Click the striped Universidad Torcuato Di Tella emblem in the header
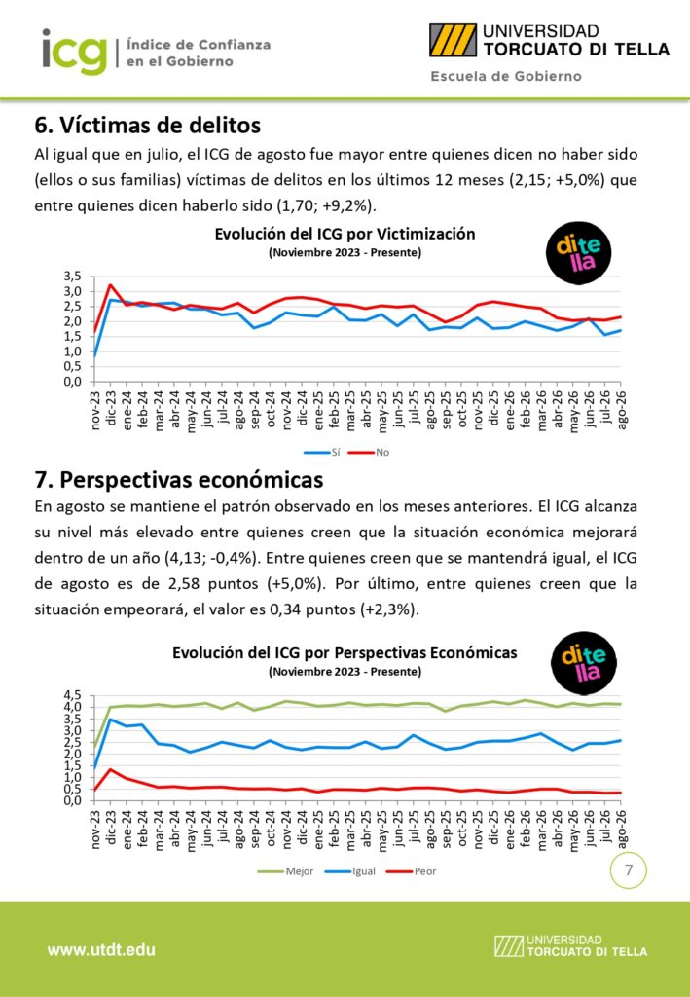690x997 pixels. pyautogui.click(x=453, y=40)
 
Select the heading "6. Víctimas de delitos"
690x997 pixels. pyautogui.click(x=147, y=125)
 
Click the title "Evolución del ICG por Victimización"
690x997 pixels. pyautogui.click(x=345, y=234)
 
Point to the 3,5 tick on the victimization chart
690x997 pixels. pyautogui.click(x=73, y=276)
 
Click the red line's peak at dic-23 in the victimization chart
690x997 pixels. pyautogui.click(x=110, y=285)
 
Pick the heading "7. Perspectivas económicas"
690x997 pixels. pyautogui.click(x=179, y=479)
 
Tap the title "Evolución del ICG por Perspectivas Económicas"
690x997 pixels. pyautogui.click(x=345, y=652)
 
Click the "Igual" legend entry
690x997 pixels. pyautogui.click(x=350, y=871)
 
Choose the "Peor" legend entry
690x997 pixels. pyautogui.click(x=412, y=871)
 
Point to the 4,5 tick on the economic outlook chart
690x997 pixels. pyautogui.click(x=73, y=695)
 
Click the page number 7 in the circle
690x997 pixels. pyautogui.click(x=629, y=869)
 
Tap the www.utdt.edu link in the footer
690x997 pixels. pyautogui.click(x=101, y=950)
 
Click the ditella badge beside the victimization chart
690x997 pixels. pyautogui.click(x=578, y=252)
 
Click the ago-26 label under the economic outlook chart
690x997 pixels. pyautogui.click(x=622, y=830)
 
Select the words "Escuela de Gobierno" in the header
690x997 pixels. pyautogui.click(x=506, y=76)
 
